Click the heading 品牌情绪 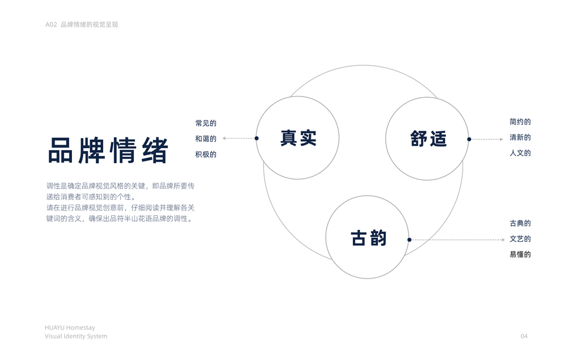tap(108, 151)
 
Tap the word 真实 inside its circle tap(298, 138)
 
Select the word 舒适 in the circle tap(428, 139)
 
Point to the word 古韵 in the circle tap(368, 238)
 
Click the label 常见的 tap(205, 123)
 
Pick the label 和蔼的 tap(205, 139)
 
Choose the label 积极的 tap(205, 154)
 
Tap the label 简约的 tap(520, 122)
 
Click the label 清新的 tap(520, 137)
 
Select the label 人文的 tap(520, 153)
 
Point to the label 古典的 tap(520, 223)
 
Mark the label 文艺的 tap(520, 239)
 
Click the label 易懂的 tap(520, 254)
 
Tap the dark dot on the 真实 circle tap(257, 138)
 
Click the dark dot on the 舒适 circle tap(469, 139)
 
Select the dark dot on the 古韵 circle tap(409, 239)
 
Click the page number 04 tap(524, 337)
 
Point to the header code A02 tap(51, 25)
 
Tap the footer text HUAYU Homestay tap(70, 328)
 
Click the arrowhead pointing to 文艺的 tap(503, 239)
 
